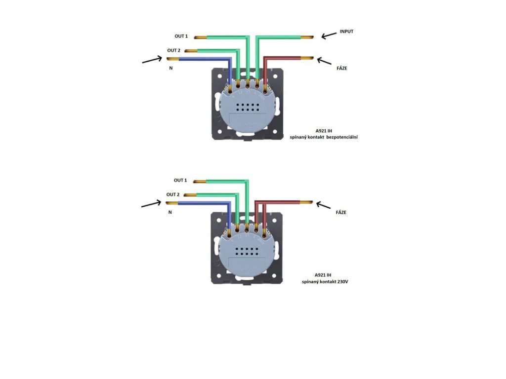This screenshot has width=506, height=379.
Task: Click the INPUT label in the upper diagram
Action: pos(347,32)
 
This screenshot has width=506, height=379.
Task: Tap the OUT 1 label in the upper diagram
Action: pos(181,37)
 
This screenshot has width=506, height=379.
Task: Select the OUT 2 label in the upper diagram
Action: pos(173,50)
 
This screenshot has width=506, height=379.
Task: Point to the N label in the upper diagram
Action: pos(171,69)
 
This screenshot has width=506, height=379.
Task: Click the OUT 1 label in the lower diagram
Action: pos(180,181)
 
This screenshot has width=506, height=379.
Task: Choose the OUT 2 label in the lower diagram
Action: pos(173,194)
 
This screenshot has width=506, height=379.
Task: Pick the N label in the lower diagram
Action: pos(170,212)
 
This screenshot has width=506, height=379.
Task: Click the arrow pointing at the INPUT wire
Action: pos(328,35)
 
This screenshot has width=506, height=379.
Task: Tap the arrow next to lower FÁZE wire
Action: pos(324,204)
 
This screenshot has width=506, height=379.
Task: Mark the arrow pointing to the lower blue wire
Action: pos(151,204)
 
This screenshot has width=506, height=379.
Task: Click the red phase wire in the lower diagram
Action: pos(284,202)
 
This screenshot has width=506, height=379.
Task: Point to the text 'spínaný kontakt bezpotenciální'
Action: pos(324,137)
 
